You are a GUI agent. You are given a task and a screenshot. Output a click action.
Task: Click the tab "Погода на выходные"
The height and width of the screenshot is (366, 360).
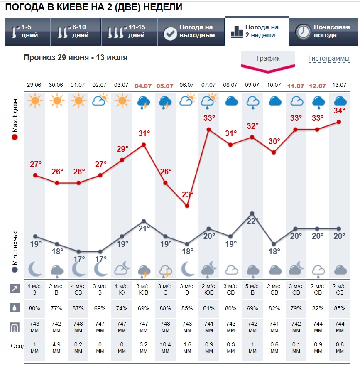pyautogui.click(x=191, y=32)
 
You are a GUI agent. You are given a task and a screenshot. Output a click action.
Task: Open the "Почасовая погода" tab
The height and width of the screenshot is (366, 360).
pyautogui.click(x=323, y=32)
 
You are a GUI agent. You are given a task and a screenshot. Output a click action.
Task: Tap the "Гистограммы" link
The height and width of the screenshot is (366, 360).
pyautogui.click(x=328, y=59)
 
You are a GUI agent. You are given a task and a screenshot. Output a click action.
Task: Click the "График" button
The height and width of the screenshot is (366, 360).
pyautogui.click(x=268, y=59)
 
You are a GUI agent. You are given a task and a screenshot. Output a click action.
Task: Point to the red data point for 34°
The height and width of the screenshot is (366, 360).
pyautogui.click(x=339, y=122)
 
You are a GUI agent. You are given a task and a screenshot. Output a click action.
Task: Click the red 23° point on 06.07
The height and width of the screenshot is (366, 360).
pyautogui.click(x=187, y=206)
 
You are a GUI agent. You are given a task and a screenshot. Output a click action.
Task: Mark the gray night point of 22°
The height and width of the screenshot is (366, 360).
pyautogui.click(x=252, y=214)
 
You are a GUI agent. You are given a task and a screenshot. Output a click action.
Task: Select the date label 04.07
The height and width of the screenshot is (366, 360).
pyautogui.click(x=143, y=86)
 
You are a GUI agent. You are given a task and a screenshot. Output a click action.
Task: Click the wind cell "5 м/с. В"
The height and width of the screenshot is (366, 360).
pyautogui.click(x=252, y=289)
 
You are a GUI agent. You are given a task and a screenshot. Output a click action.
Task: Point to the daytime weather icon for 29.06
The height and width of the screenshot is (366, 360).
pyautogui.click(x=35, y=101)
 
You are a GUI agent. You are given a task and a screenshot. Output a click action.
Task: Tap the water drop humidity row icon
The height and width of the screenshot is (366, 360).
pyautogui.click(x=15, y=308)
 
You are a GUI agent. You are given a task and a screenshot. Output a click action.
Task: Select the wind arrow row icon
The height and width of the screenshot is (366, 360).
pyautogui.click(x=15, y=289)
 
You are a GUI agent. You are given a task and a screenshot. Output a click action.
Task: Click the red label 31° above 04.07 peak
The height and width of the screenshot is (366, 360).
pyautogui.click(x=144, y=134)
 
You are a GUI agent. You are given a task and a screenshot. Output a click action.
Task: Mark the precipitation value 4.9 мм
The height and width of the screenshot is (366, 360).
pyautogui.click(x=57, y=348)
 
